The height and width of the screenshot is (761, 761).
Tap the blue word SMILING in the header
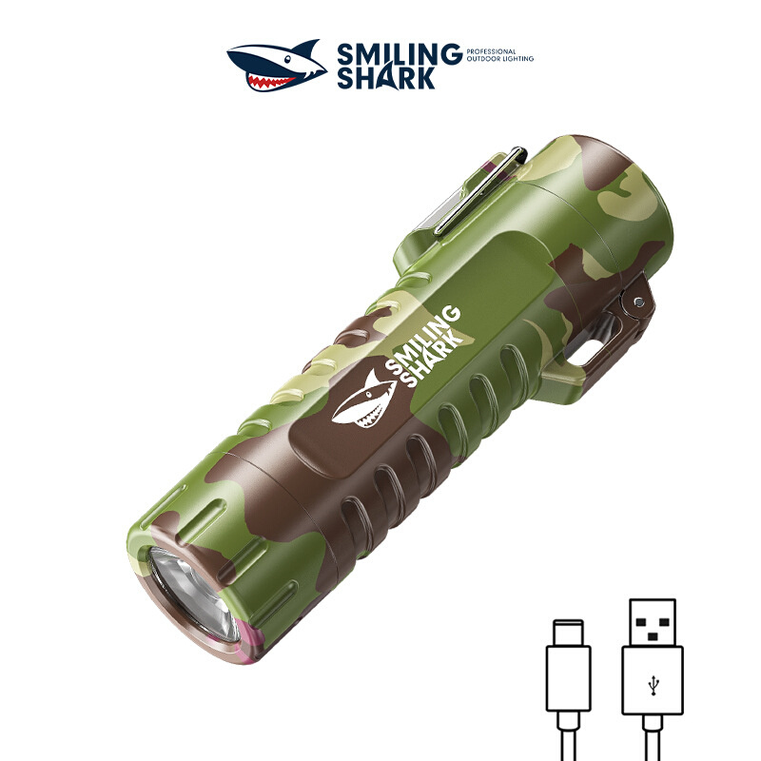[399, 53]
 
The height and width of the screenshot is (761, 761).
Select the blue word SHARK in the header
[386, 78]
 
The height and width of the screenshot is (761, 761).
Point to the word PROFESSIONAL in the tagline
[491, 51]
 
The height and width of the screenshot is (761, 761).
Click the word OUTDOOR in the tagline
[481, 59]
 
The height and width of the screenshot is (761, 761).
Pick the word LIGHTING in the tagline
[517, 59]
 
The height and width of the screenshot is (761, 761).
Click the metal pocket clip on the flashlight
[476, 185]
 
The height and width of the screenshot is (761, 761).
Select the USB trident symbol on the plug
[653, 682]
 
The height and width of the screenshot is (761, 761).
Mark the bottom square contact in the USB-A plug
[653, 632]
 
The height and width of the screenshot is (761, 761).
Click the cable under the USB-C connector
[568, 737]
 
